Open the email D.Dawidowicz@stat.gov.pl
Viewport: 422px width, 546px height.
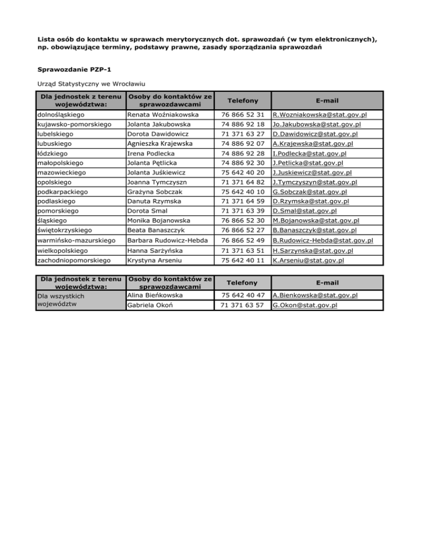click(x=315, y=134)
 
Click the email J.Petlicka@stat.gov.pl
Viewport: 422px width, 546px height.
click(x=308, y=163)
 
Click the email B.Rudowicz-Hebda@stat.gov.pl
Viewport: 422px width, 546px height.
click(x=323, y=241)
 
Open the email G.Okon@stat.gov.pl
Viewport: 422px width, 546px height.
click(x=305, y=305)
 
